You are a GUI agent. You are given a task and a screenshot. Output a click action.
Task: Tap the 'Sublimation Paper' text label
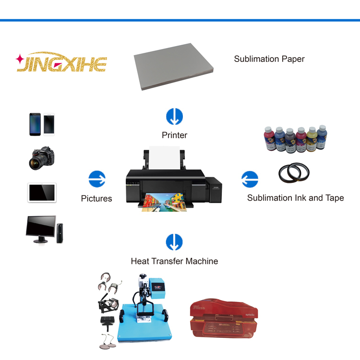[269, 59]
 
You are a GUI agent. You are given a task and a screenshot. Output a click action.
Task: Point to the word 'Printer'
[174, 135]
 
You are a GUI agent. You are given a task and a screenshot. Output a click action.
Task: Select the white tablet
[42, 192]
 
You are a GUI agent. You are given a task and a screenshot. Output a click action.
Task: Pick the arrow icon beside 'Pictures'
[97, 179]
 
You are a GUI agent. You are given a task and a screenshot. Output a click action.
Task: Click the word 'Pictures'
[96, 198]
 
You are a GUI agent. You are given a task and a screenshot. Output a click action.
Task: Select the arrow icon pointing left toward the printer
[249, 179]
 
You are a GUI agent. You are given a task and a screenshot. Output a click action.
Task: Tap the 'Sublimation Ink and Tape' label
[295, 198]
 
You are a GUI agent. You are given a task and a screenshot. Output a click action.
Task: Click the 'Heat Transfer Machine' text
[174, 261]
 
